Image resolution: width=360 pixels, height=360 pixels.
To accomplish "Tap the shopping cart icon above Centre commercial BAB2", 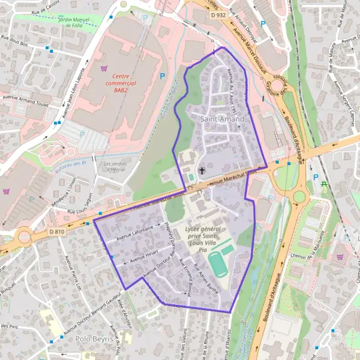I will tap(105, 68).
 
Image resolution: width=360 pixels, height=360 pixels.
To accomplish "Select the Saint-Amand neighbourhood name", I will tap(222, 119).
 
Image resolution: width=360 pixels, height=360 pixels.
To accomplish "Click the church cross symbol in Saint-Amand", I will tap(202, 171).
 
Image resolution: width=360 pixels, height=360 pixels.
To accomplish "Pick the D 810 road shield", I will tap(57, 232).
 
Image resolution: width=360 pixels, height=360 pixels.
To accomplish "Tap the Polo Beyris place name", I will tap(94, 339).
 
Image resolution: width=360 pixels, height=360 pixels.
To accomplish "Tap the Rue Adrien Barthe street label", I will tap(207, 278).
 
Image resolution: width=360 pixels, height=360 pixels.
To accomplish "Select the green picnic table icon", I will tap(325, 183).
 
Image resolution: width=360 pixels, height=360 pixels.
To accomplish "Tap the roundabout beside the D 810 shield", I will tap(25, 236).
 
